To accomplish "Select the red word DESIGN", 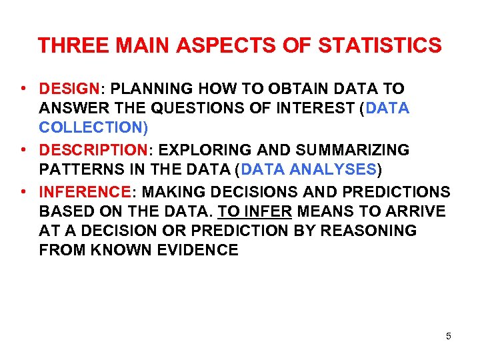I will (x=69, y=89).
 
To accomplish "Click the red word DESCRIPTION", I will (x=89, y=150).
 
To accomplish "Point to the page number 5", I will (x=449, y=336).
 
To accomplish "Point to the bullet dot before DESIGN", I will (x=23, y=89).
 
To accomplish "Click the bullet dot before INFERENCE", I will (x=23, y=193).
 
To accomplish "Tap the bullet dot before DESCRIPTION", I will (x=23, y=150).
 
